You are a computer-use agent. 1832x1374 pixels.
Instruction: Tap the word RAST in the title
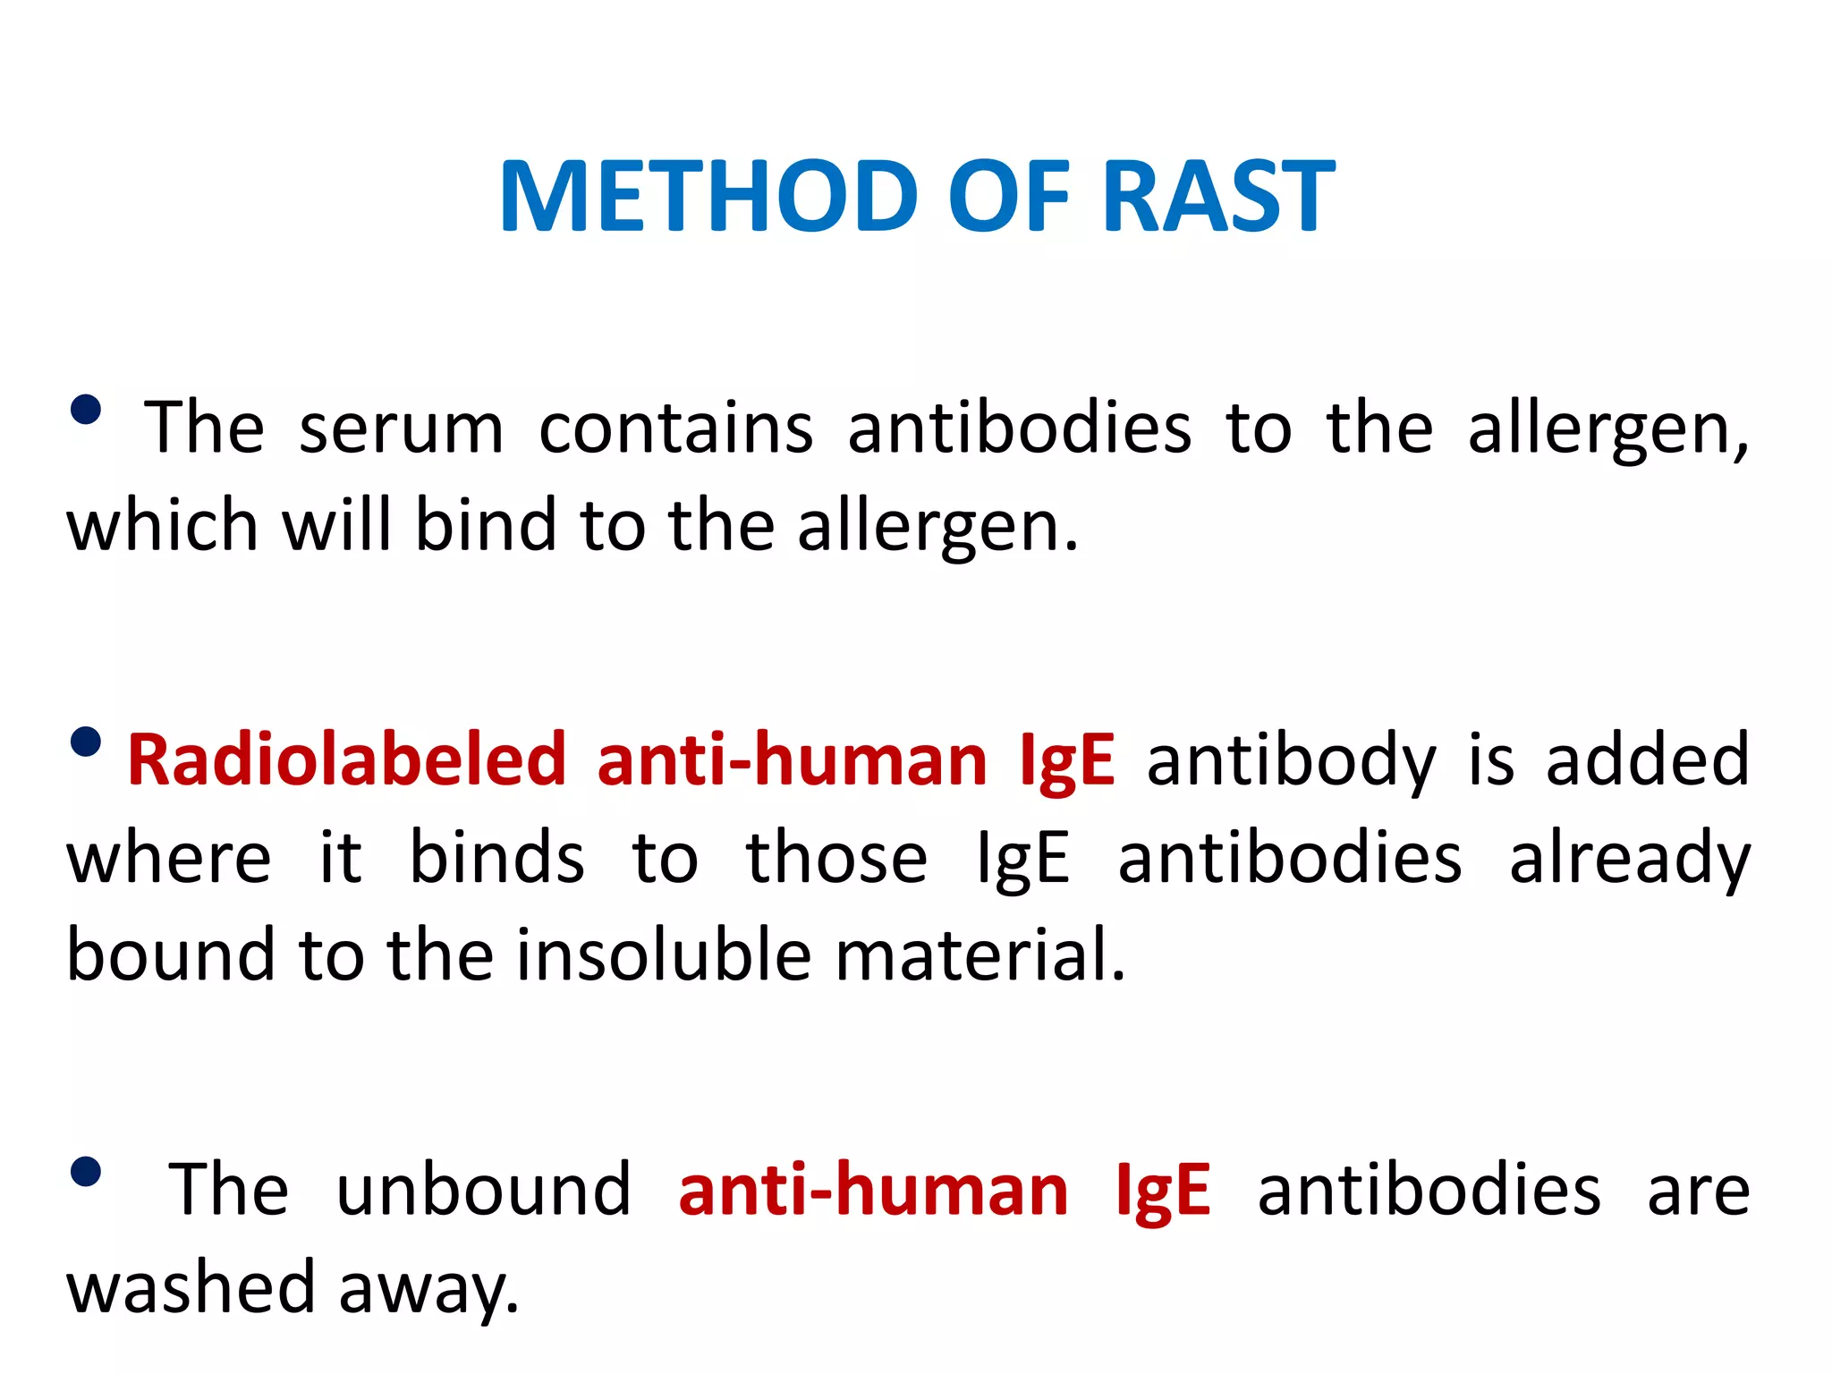pos(1218,196)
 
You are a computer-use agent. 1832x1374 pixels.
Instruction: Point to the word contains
pos(676,428)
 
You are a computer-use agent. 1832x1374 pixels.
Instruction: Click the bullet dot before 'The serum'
pos(86,411)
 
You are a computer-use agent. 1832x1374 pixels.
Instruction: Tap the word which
pos(162,525)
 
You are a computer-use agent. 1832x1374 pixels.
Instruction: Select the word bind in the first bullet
pos(486,525)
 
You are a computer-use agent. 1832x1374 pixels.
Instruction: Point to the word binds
pos(496,858)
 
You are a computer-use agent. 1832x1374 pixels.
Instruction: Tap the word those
pos(836,858)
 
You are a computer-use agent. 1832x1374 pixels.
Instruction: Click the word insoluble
pos(664,955)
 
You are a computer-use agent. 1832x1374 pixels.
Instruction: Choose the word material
pos(980,955)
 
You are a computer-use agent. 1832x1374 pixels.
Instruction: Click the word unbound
pos(484,1191)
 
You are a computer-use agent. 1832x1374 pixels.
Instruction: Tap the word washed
pos(191,1288)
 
